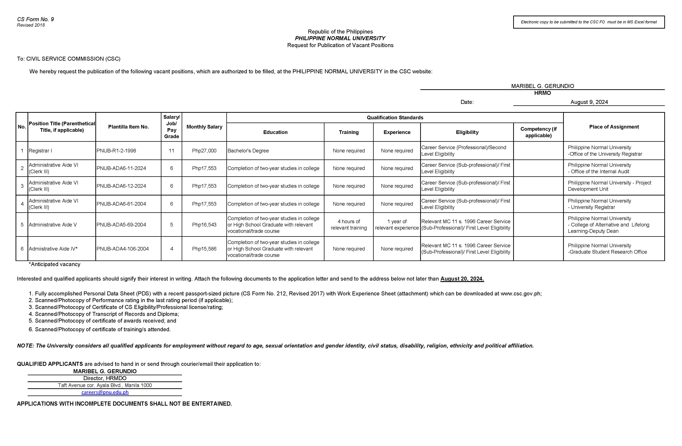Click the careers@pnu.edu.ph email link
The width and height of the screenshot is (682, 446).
click(105, 392)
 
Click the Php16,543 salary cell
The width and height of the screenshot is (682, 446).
click(204, 225)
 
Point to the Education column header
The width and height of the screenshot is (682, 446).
click(275, 132)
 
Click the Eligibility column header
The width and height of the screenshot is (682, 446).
click(467, 132)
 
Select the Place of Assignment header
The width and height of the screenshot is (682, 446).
click(614, 127)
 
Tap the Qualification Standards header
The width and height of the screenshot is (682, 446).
click(395, 117)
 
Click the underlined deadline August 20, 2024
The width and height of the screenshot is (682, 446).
click(462, 279)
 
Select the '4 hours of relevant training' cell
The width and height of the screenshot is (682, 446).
click(349, 225)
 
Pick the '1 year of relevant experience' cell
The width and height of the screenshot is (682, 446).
click(397, 225)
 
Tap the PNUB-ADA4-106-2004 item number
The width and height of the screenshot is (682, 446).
click(123, 249)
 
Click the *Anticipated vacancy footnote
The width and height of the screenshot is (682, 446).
click(54, 264)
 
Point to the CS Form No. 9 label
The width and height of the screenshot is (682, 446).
click(35, 19)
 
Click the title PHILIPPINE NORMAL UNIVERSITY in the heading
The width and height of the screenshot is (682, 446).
click(340, 38)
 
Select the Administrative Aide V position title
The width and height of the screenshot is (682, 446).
click(53, 225)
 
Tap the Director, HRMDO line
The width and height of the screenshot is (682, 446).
click(105, 378)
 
